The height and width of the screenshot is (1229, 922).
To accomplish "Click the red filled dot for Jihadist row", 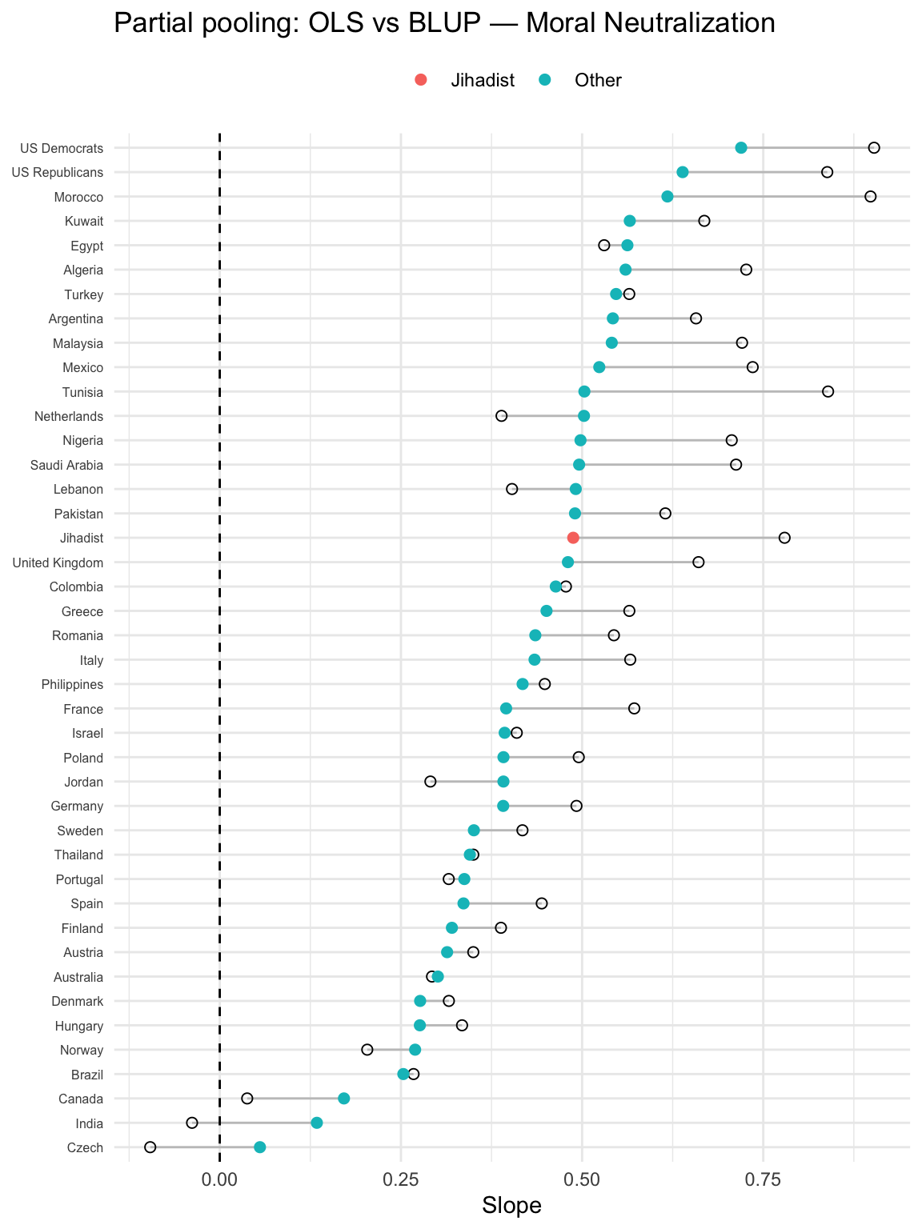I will (x=573, y=538).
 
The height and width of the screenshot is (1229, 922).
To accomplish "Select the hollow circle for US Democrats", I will (x=874, y=147).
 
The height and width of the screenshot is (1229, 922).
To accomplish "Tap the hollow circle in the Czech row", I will (x=150, y=1147).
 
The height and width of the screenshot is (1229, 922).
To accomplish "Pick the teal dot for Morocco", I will (x=667, y=197).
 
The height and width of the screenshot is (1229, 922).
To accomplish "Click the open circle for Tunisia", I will (x=828, y=391).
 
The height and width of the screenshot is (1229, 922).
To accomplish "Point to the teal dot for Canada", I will (x=344, y=1099).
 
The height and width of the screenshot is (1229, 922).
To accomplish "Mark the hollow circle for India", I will (x=192, y=1123).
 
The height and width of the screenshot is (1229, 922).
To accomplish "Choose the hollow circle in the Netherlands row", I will (x=502, y=416).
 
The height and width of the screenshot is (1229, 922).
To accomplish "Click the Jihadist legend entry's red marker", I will (x=421, y=80).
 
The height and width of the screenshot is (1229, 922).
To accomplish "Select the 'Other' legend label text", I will (x=598, y=80).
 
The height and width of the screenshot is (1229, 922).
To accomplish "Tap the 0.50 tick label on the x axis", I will (x=582, y=1179).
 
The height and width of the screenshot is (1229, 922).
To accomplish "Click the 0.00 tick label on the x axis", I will (x=219, y=1179).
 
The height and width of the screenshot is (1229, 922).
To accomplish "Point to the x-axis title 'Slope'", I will (x=511, y=1206).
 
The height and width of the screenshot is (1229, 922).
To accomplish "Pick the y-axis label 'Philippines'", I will (x=72, y=684).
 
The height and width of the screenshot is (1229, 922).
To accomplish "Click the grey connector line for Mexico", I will (x=676, y=367).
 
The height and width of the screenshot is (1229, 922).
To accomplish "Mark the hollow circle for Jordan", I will (x=431, y=781).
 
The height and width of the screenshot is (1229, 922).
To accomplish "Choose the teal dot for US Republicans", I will (x=683, y=172).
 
